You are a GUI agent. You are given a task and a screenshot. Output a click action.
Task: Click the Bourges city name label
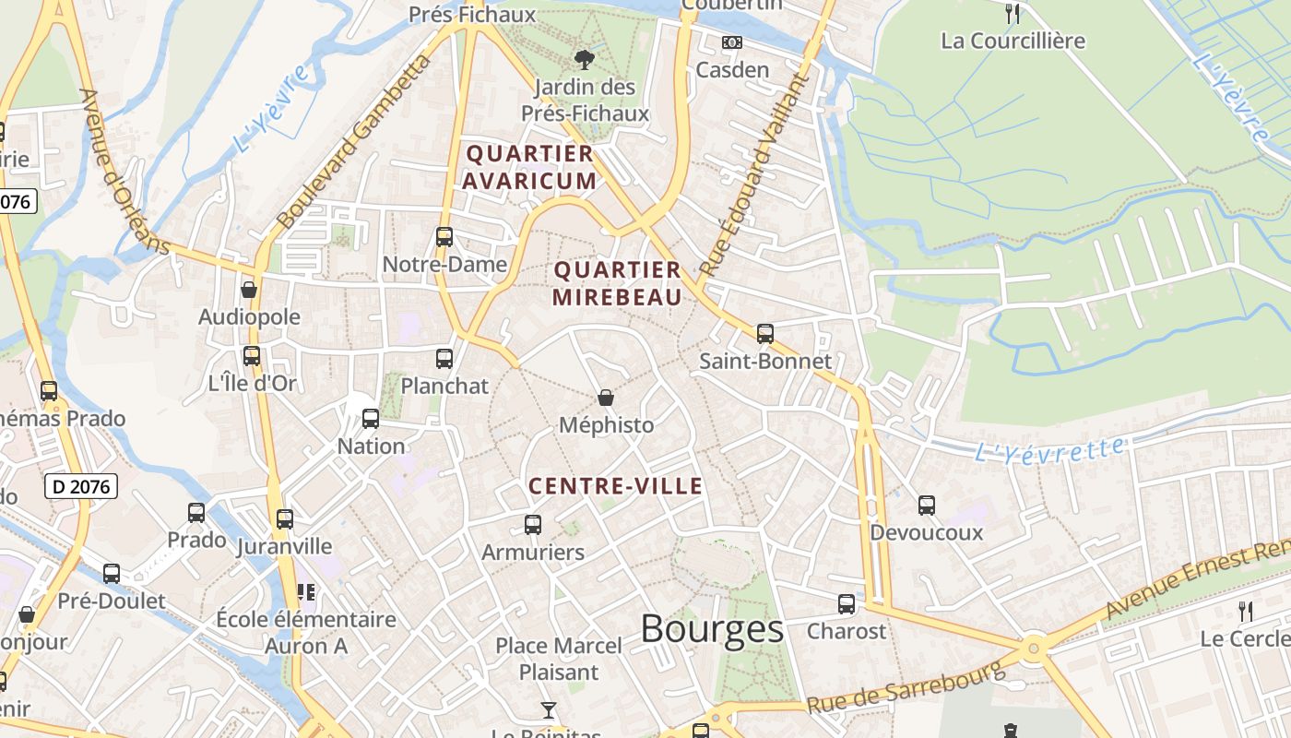coord(712,630)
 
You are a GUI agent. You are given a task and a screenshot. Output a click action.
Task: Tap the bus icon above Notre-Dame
coord(444,237)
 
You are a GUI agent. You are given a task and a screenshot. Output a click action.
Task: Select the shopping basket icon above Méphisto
coord(606,398)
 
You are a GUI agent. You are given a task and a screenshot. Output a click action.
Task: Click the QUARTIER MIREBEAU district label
coord(617,283)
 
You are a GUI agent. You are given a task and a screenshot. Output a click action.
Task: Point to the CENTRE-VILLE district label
coord(615,486)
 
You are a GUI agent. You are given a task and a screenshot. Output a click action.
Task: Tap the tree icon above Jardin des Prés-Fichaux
coord(584,61)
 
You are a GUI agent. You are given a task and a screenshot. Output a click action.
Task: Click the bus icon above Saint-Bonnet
coord(764,334)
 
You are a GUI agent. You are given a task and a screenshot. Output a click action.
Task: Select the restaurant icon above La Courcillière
coord(1013,13)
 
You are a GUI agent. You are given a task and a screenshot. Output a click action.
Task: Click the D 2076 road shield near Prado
coord(81,485)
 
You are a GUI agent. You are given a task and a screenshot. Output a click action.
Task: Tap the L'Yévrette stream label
coord(1050,450)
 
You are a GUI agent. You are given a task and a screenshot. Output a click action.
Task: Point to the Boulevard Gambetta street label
coord(354,143)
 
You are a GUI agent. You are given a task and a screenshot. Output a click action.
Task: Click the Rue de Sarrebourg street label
coord(905,688)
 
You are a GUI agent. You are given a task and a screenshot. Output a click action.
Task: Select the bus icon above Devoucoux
coord(927,506)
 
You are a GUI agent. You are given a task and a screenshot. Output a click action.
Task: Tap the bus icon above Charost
coord(847,604)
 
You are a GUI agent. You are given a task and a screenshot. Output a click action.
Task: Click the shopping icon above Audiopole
coord(249,290)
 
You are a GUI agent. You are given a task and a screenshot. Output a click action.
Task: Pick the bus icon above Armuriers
coord(533,525)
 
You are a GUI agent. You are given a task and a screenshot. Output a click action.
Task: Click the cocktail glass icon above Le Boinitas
coord(549,709)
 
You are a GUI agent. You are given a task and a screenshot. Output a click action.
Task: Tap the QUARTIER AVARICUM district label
coord(529,167)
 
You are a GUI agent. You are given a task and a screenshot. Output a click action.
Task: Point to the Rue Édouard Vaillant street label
coord(755,174)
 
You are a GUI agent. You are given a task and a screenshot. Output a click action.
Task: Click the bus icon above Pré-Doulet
coord(112,574)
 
